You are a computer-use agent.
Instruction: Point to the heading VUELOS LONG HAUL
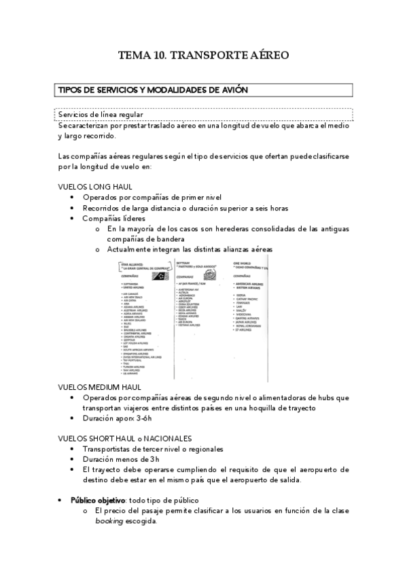(95, 186)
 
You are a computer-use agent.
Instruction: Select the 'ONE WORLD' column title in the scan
(243, 262)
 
